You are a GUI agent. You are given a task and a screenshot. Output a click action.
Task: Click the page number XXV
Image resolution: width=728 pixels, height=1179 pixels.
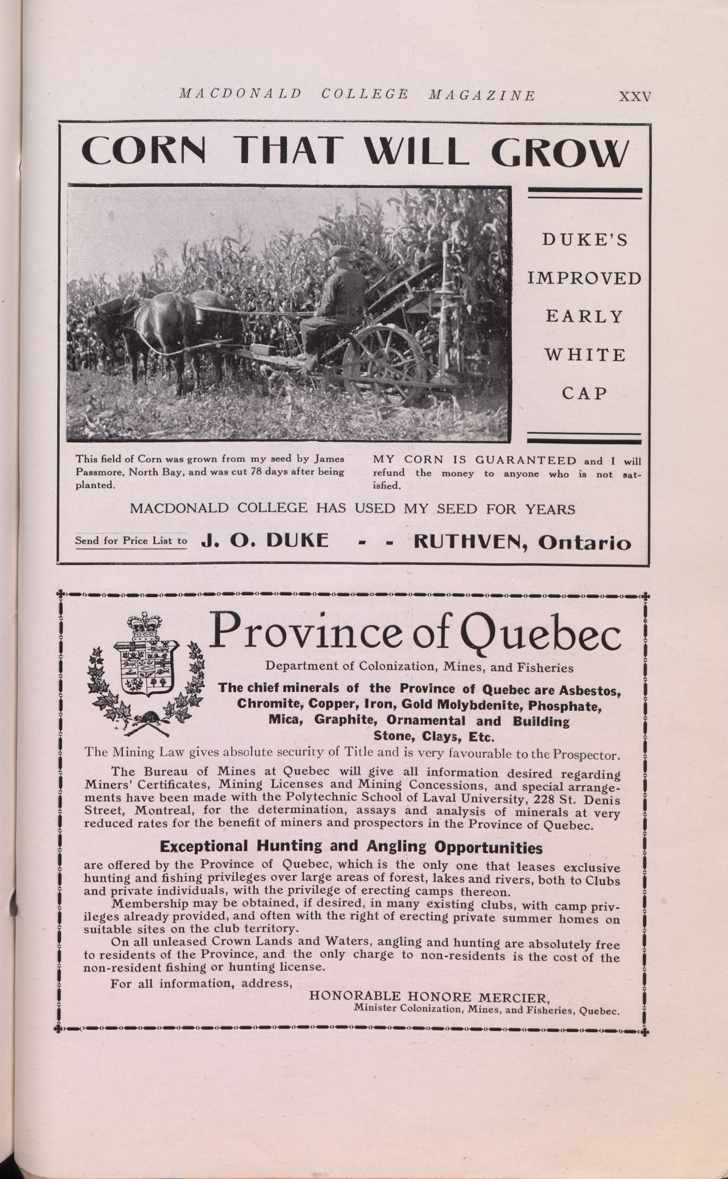coord(635,96)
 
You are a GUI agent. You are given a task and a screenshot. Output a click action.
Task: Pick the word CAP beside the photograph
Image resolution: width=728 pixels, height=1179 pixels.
coord(584,394)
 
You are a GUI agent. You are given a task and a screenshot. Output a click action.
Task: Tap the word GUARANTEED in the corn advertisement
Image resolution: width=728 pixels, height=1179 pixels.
coord(525,461)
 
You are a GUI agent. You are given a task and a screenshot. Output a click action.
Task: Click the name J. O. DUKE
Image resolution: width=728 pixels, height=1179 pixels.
coord(265,540)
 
